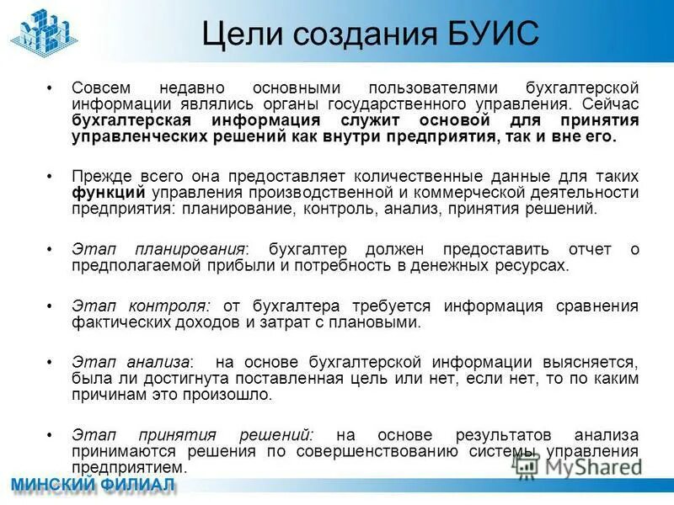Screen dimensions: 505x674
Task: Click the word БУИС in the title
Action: tap(488, 35)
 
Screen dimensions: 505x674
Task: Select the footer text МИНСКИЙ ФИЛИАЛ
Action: tap(93, 486)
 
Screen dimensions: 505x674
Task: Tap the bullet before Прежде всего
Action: tap(51, 178)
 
